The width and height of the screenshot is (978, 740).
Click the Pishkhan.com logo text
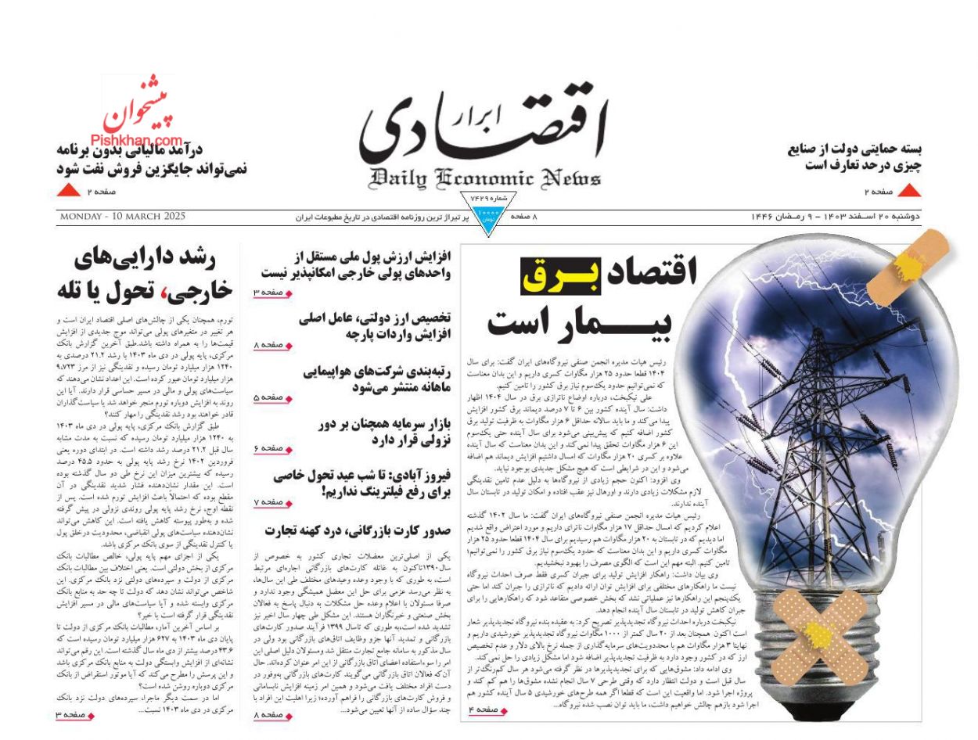coord(142,141)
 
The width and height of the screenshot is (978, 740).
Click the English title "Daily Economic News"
coord(485,178)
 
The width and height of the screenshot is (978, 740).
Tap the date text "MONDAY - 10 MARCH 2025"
coord(121,217)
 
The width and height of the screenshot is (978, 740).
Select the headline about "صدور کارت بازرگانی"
coord(357,530)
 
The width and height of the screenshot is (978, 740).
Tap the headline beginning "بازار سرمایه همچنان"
coord(383,431)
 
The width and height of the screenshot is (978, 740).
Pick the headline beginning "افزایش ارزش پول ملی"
coord(356,264)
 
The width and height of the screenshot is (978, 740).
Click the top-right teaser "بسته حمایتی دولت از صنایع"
coord(854,156)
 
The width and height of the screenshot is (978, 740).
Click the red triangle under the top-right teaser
coord(909,190)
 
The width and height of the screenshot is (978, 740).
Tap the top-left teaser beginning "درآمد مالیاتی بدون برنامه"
coord(152,158)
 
